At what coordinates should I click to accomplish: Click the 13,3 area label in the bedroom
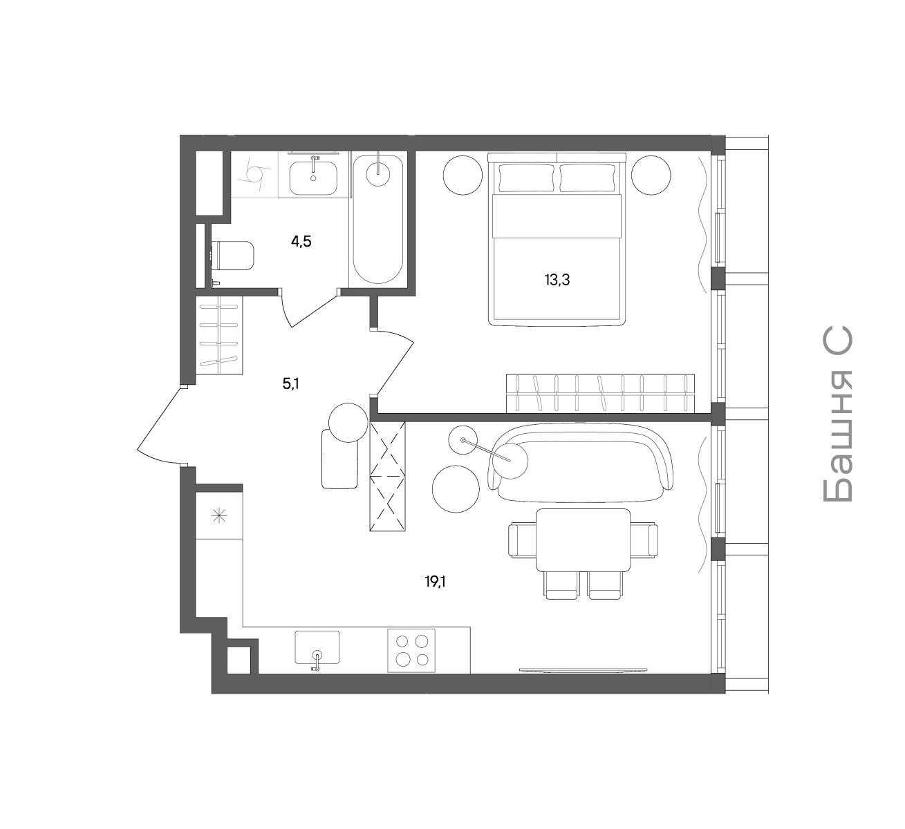pyautogui.click(x=557, y=280)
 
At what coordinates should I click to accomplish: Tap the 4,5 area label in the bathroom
pyautogui.click(x=301, y=242)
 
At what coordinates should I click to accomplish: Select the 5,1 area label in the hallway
pyautogui.click(x=291, y=384)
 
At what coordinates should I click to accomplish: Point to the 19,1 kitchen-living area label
pyautogui.click(x=435, y=582)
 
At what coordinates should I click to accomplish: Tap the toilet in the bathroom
pyautogui.click(x=233, y=255)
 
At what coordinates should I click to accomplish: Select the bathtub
pyautogui.click(x=377, y=219)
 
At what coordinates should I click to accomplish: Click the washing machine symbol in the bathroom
pyautogui.click(x=254, y=175)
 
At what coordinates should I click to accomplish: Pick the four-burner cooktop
pyautogui.click(x=411, y=651)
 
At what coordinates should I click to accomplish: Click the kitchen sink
pyautogui.click(x=317, y=647)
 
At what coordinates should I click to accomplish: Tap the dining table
pyautogui.click(x=583, y=540)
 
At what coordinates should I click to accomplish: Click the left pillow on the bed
pyautogui.click(x=527, y=177)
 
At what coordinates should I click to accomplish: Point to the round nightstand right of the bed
pyautogui.click(x=651, y=175)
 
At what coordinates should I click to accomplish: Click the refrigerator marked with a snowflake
pyautogui.click(x=219, y=515)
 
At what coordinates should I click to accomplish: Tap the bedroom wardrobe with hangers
pyautogui.click(x=601, y=394)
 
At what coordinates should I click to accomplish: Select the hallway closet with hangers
pyautogui.click(x=219, y=335)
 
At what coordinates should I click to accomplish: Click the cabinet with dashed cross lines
pyautogui.click(x=388, y=476)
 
